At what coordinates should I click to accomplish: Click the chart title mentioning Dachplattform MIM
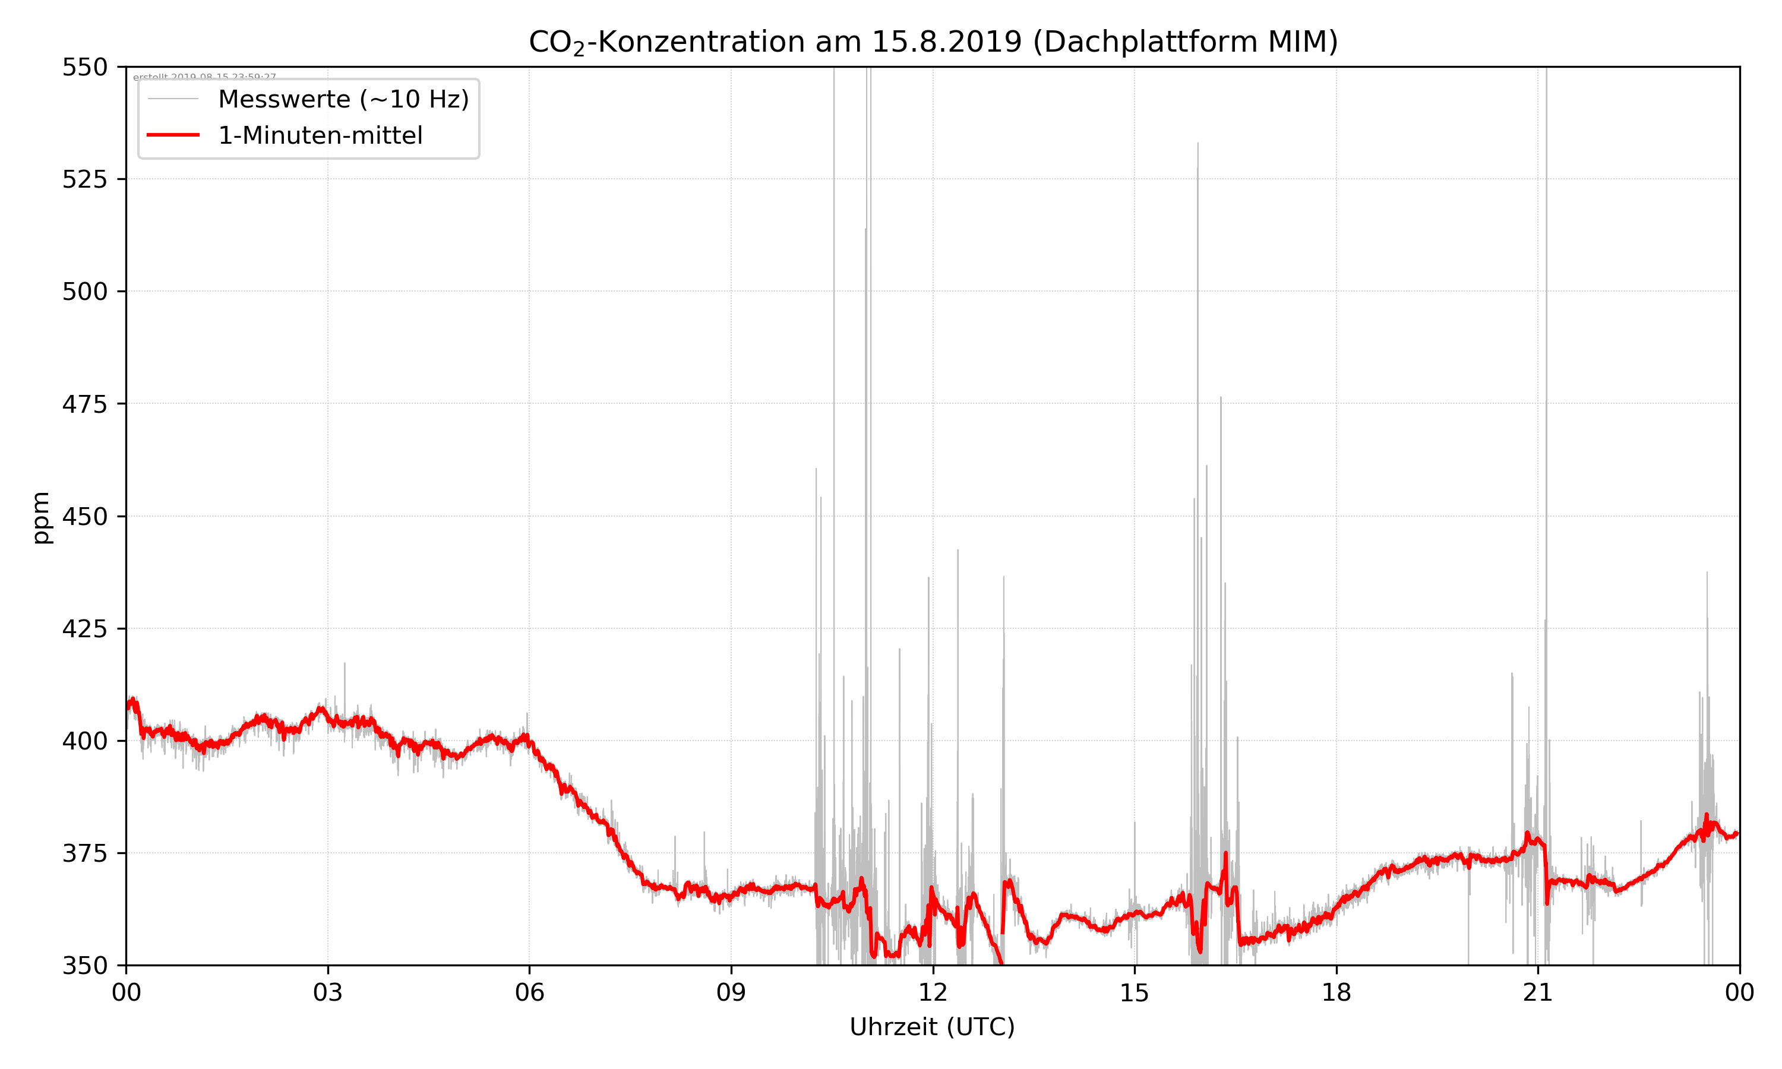[x=933, y=42]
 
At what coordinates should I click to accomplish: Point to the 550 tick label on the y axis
[x=84, y=67]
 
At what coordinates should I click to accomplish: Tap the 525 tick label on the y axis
[x=84, y=179]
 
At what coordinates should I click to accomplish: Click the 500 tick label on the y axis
[x=84, y=292]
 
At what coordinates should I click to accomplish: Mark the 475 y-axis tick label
[x=84, y=404]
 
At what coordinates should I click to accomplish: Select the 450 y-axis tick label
[x=84, y=517]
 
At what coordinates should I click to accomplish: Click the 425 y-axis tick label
[x=84, y=629]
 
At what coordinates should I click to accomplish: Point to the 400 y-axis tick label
[x=84, y=741]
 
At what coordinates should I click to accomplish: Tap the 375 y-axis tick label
[x=84, y=853]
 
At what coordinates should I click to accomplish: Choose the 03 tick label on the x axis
[x=328, y=992]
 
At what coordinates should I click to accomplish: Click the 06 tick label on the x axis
[x=529, y=992]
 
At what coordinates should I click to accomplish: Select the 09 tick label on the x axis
[x=731, y=992]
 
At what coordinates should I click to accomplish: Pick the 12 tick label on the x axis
[x=933, y=992]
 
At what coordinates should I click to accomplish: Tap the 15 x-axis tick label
[x=1135, y=992]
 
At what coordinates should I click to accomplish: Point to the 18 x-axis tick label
[x=1336, y=992]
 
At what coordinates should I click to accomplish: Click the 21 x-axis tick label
[x=1538, y=992]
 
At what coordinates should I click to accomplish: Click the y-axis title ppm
[x=41, y=517]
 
